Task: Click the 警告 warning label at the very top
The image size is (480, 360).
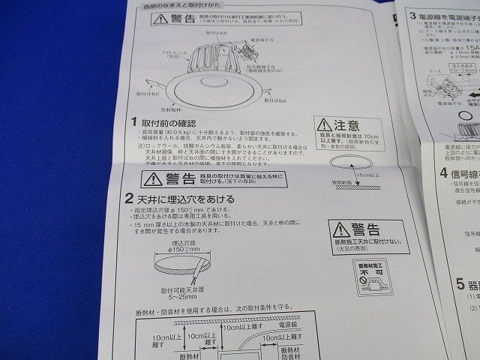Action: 173,20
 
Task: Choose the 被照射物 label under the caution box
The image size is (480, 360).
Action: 341,203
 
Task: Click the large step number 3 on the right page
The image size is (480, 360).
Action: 414,15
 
